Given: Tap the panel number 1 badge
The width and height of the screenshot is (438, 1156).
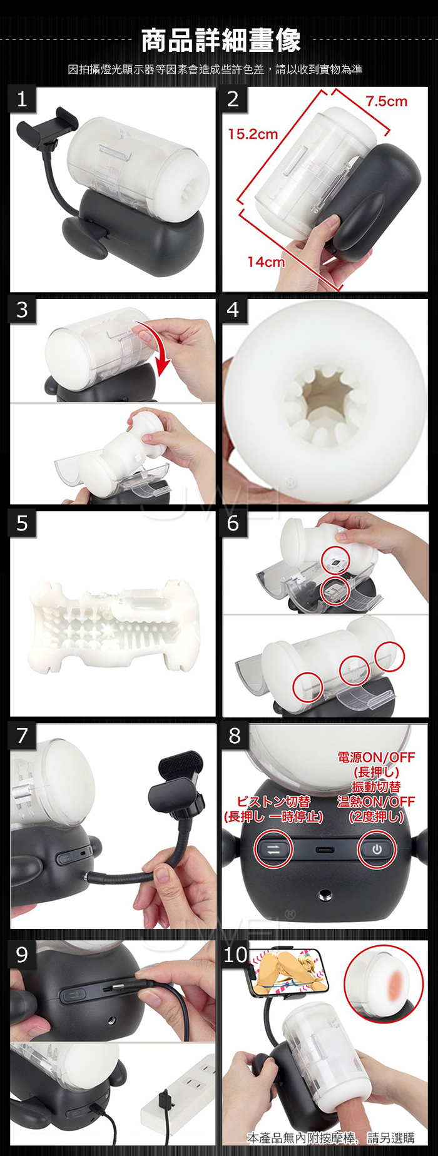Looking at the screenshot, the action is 23,99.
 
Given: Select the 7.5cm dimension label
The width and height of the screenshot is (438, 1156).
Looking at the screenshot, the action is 386,101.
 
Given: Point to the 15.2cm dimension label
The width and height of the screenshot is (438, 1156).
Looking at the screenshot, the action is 252,134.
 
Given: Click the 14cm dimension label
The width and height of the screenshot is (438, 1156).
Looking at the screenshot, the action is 266,262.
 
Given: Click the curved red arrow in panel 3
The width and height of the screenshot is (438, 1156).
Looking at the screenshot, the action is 160,347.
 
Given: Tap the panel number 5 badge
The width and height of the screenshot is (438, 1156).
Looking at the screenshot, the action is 23,523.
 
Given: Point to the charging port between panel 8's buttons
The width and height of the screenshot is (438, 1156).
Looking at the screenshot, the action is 325,850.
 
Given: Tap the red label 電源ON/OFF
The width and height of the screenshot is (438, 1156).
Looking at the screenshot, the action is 376,758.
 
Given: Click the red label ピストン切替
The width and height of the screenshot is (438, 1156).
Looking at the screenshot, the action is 273,802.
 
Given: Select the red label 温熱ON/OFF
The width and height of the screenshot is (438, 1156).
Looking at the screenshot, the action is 376,801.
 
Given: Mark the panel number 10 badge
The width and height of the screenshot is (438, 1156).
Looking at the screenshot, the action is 236,954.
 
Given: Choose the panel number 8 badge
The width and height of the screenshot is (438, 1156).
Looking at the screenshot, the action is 235,736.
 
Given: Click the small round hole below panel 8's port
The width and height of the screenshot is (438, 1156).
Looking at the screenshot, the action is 325,897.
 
